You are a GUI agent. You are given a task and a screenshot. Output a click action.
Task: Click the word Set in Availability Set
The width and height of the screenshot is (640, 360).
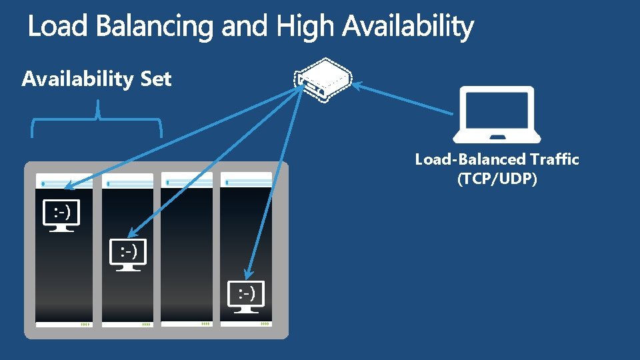tap(156, 79)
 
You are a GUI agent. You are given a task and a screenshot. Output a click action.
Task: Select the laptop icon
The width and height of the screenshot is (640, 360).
tap(497, 115)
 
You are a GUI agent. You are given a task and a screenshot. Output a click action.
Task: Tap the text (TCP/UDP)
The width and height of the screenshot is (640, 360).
tap(497, 179)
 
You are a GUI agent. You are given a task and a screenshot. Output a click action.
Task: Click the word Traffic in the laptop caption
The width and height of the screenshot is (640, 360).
tap(555, 159)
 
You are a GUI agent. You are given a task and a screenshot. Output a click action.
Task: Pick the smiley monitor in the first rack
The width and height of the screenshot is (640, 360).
tap(62, 215)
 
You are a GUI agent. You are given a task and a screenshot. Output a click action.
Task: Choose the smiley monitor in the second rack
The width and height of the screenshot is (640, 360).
tap(128, 254)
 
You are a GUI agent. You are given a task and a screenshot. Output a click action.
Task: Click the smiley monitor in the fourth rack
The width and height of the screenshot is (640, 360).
tap(246, 295)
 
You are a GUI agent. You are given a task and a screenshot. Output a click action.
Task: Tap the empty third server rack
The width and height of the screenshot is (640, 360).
tap(187, 253)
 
